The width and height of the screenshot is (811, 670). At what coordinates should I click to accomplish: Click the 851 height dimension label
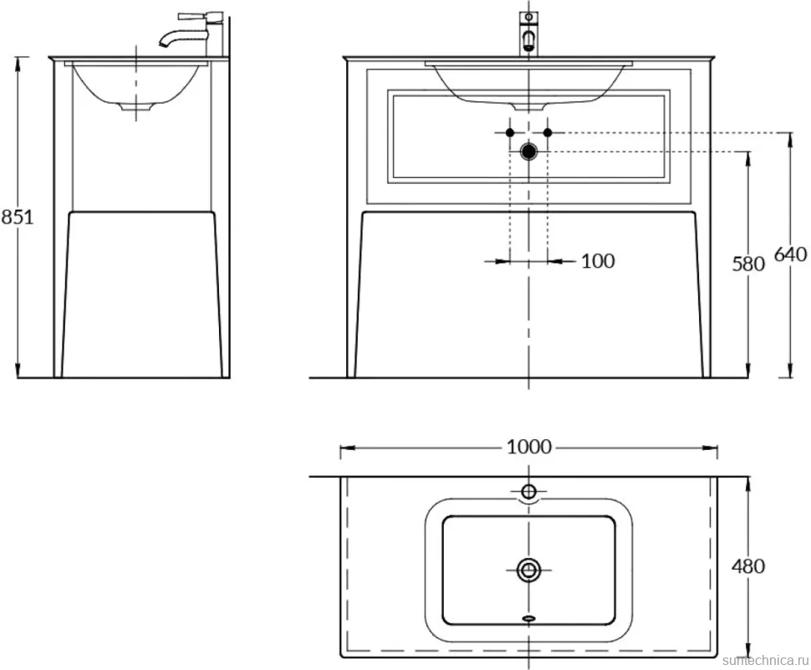point(17,217)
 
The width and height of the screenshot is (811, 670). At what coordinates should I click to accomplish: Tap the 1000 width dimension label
point(529,447)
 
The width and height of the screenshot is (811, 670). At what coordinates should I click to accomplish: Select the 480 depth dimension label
point(748,566)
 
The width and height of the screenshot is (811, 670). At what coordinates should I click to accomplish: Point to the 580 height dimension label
point(748,263)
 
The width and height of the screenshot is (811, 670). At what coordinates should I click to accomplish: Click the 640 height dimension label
point(790,254)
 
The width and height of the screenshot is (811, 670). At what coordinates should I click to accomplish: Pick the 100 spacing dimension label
point(598,261)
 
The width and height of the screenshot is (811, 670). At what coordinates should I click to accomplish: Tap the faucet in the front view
point(528,33)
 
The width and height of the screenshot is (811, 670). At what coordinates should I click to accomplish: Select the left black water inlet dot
point(509,132)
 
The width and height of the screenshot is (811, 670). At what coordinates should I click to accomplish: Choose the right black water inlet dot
point(548,132)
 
